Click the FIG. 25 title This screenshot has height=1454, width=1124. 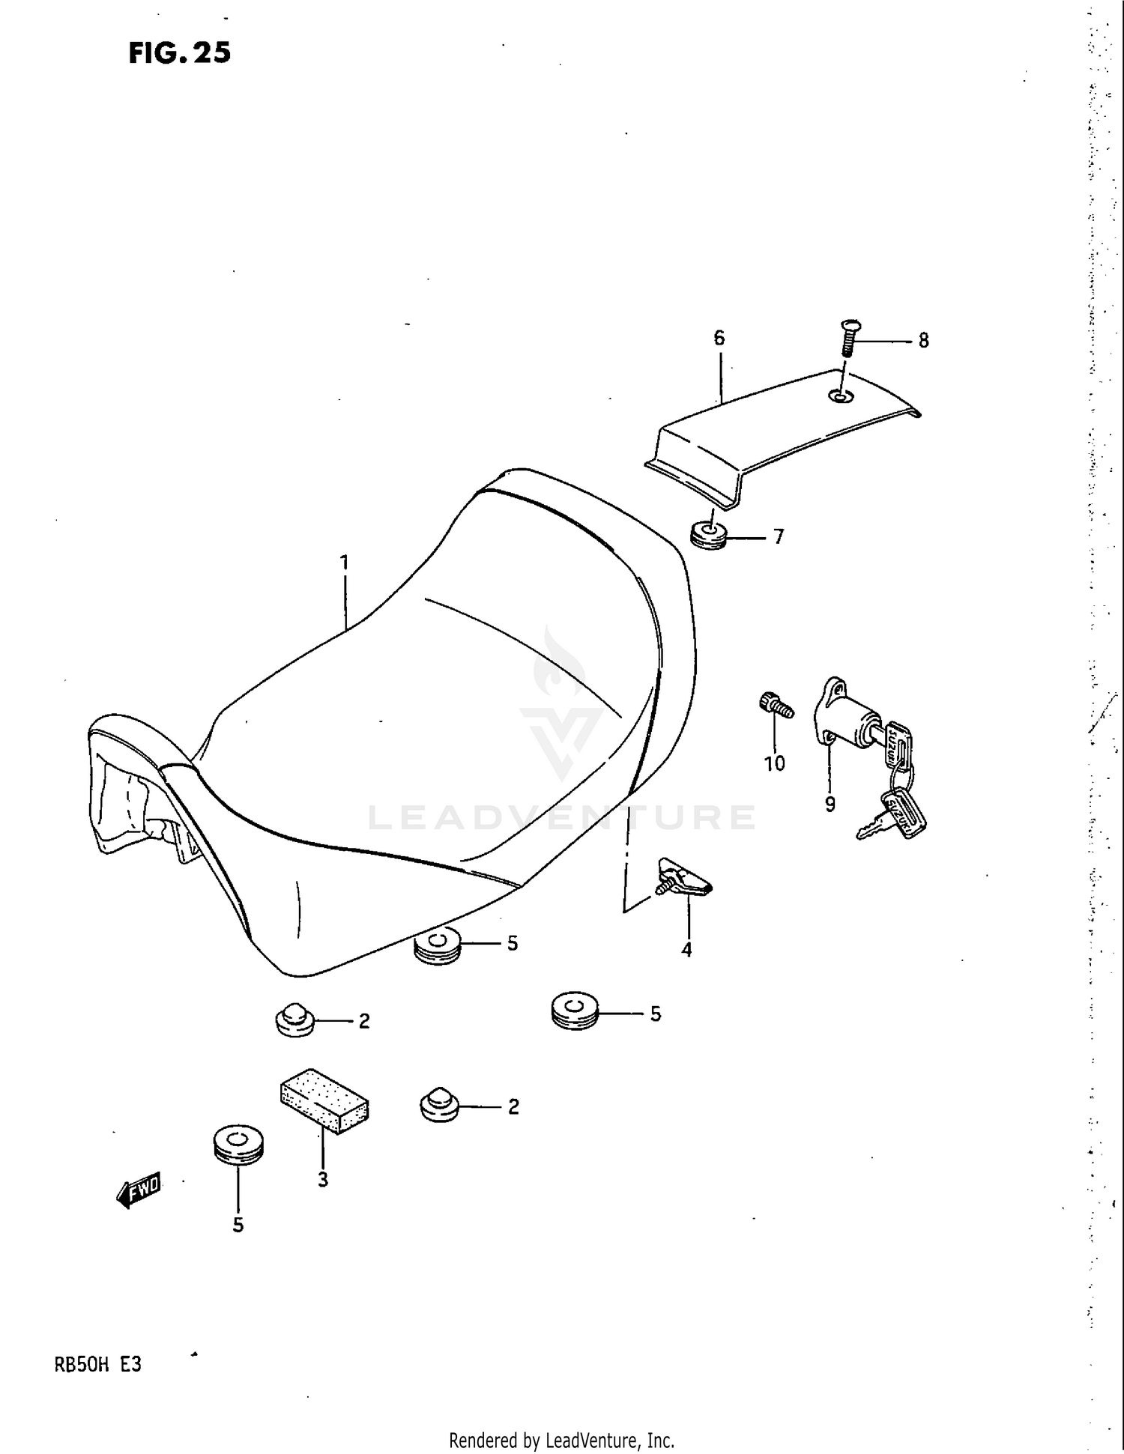click(180, 52)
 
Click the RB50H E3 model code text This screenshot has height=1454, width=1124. click(97, 1365)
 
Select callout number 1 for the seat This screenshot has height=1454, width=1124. click(345, 562)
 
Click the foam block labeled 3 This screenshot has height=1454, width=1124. click(324, 1100)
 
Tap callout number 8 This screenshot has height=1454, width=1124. click(923, 341)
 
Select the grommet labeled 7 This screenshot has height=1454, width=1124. click(707, 535)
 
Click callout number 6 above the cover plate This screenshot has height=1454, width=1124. click(719, 338)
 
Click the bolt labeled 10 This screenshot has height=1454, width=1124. click(774, 706)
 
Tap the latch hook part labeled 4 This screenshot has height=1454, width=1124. click(682, 878)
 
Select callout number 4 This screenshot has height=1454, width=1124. click(686, 951)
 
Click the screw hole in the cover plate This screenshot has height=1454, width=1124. click(840, 396)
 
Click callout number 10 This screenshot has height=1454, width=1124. click(774, 763)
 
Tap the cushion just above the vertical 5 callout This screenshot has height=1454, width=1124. click(238, 1145)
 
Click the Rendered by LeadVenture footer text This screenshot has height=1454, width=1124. click(561, 1439)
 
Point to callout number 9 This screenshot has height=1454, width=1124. click(830, 805)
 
